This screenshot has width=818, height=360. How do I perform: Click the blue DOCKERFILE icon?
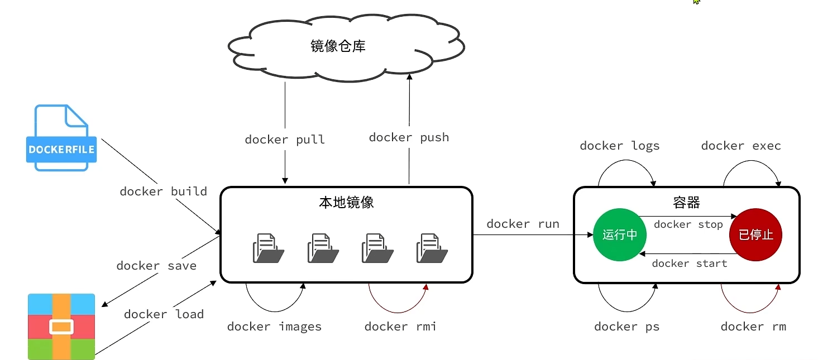(61, 138)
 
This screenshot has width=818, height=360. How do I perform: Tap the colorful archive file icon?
(61, 326)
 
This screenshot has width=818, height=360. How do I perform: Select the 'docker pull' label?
(285, 140)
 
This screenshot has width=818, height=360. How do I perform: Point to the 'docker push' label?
(409, 137)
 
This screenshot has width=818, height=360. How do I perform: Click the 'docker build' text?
(163, 191)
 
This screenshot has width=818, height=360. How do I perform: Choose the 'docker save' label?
(156, 266)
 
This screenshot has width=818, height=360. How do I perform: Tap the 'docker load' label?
(164, 314)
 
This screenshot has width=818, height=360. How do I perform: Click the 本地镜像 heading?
(346, 203)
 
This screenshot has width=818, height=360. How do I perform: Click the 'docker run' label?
(523, 224)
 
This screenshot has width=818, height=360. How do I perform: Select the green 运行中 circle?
(619, 235)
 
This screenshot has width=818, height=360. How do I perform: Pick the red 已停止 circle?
(755, 235)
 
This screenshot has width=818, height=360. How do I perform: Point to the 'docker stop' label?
(688, 224)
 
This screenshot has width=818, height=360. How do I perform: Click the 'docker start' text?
(689, 263)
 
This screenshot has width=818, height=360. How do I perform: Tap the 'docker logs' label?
(619, 146)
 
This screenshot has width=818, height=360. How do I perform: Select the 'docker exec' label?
(741, 146)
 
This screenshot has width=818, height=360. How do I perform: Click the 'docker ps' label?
(626, 327)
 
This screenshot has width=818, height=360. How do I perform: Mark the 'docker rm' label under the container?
(753, 327)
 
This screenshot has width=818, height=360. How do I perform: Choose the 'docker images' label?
(274, 327)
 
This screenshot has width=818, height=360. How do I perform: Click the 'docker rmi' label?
(400, 327)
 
